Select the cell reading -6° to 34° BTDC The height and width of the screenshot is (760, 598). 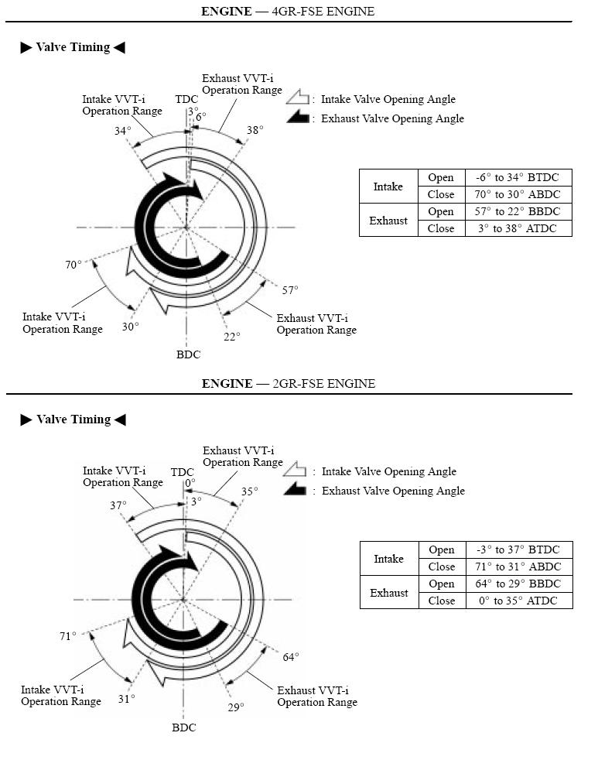pos(518,177)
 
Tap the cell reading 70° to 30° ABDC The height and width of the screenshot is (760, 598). pos(518,194)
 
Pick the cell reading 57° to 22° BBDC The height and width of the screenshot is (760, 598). pos(518,211)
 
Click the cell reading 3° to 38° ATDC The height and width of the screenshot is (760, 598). pos(518,228)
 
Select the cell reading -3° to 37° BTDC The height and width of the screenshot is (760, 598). pos(518,549)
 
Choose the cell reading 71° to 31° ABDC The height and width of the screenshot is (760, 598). pos(518,567)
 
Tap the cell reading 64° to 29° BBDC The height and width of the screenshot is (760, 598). pos(518,584)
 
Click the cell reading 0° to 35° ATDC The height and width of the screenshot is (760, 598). pos(518,601)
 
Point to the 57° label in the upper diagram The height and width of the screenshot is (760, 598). pos(290,290)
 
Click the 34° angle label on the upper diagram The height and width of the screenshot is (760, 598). pos(122,131)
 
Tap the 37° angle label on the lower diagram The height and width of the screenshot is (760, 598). pos(118,505)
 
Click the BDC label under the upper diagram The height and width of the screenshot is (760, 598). pos(188,354)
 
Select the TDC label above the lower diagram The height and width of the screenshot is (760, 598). pos(183,472)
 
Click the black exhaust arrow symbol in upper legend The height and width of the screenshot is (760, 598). pos(298,118)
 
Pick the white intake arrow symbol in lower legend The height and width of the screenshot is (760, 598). pos(296,471)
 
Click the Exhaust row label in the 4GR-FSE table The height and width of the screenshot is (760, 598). pos(388,220)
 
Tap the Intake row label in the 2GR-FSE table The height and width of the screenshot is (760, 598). pos(388,558)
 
